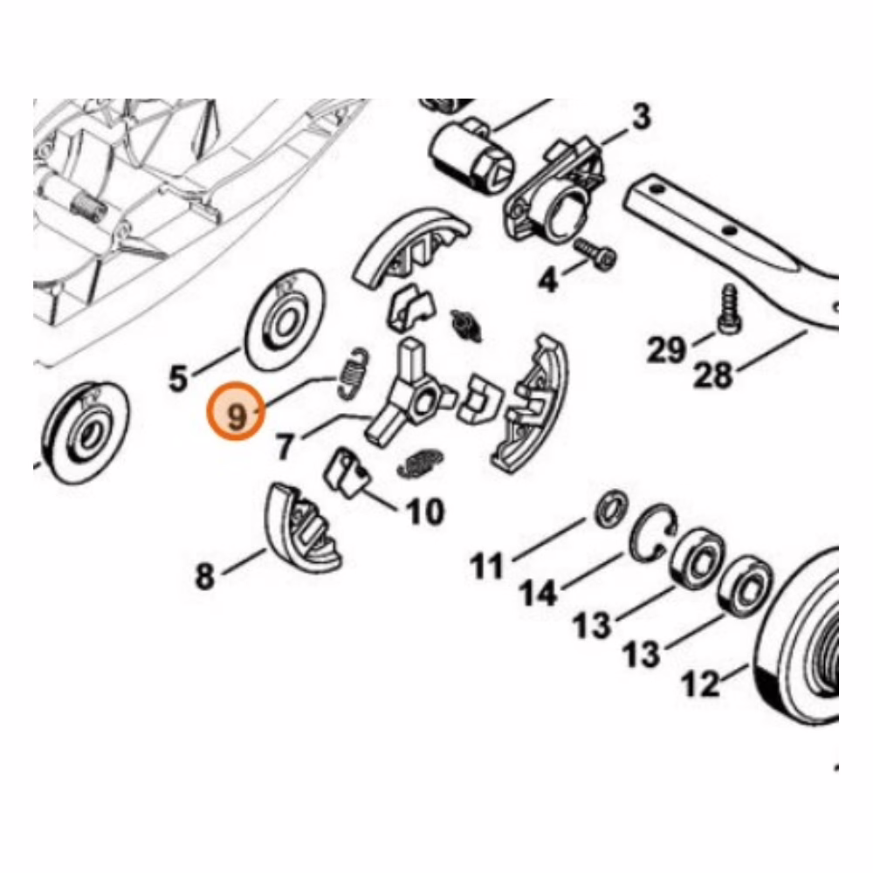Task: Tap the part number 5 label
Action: (x=178, y=379)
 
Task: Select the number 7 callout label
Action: (x=285, y=446)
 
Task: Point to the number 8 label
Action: (x=205, y=575)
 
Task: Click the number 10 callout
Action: (x=426, y=511)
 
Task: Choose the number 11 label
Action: (x=487, y=567)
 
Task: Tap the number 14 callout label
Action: (x=539, y=594)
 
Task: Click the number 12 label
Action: (x=700, y=684)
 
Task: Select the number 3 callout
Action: (x=641, y=117)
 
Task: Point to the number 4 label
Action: (x=548, y=280)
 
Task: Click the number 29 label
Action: (x=666, y=350)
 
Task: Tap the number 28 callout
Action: (x=712, y=375)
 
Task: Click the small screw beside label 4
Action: (x=596, y=253)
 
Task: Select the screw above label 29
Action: (x=727, y=310)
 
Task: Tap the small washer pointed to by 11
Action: (x=611, y=509)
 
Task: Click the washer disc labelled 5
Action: (x=285, y=320)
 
